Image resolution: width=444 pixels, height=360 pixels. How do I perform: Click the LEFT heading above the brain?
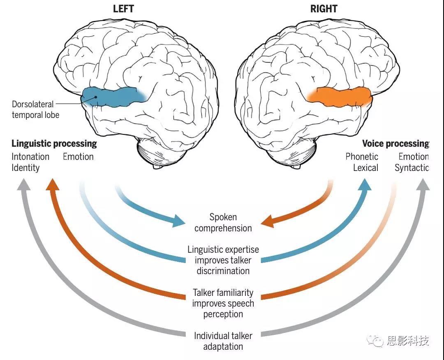pyautogui.click(x=123, y=9)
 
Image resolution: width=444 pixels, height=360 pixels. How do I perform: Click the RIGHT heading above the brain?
pyautogui.click(x=324, y=9)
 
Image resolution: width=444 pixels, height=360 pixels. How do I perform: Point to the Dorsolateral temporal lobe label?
pyautogui.click(x=35, y=109)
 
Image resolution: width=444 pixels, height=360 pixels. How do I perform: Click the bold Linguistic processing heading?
pyautogui.click(x=54, y=143)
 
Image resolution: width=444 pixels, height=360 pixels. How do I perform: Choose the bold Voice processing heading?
pyautogui.click(x=395, y=143)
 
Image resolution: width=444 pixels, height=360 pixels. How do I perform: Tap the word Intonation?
pyautogui.click(x=30, y=157)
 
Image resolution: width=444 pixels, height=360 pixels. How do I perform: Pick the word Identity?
pyautogui.click(x=25, y=168)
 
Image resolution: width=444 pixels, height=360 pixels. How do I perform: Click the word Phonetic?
pyautogui.click(x=362, y=157)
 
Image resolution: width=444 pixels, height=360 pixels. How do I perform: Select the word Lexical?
pyautogui.click(x=365, y=168)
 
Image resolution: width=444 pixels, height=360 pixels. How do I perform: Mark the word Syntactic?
pyautogui.click(x=412, y=168)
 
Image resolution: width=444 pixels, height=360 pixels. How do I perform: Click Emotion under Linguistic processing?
pyautogui.click(x=78, y=157)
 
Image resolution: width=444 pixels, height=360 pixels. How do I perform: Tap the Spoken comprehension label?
pyautogui.click(x=223, y=222)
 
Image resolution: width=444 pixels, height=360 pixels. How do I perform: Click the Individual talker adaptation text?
pyautogui.click(x=223, y=341)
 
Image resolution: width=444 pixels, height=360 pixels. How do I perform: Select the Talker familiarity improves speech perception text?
pyautogui.click(x=223, y=304)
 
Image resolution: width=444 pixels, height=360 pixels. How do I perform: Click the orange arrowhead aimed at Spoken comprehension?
pyautogui.click(x=268, y=221)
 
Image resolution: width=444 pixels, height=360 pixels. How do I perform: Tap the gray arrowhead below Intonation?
pyautogui.click(x=24, y=187)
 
